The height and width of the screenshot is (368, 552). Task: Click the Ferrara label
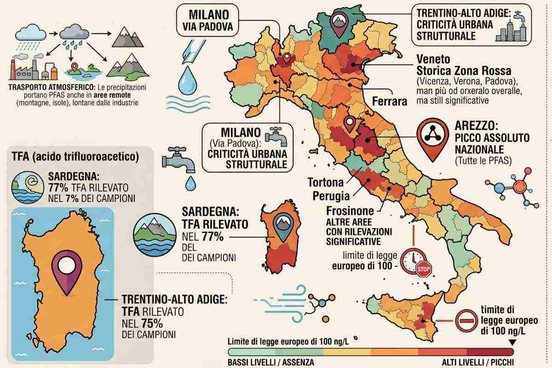[389, 101]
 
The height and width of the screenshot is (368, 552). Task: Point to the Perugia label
[331, 196]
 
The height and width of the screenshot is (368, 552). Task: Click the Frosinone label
[350, 211]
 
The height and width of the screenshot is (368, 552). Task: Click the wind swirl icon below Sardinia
[281, 301]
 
